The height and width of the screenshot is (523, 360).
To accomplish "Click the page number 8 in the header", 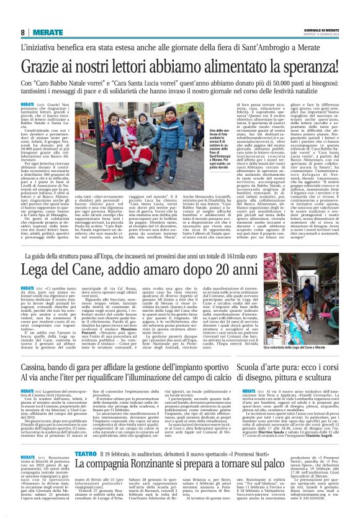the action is tap(22, 32).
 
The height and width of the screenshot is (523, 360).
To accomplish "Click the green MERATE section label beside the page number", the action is tap(43, 32).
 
